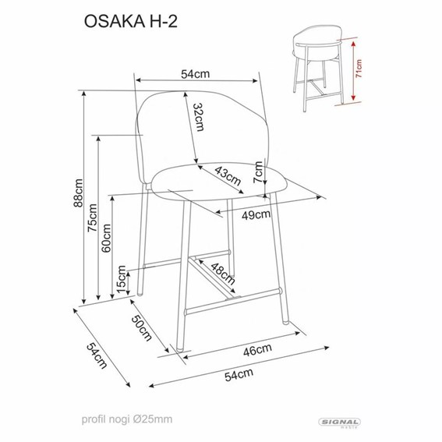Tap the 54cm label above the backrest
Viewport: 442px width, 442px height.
[196, 74]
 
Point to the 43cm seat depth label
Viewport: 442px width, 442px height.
[227, 175]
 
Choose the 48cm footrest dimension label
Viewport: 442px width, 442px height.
[223, 274]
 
